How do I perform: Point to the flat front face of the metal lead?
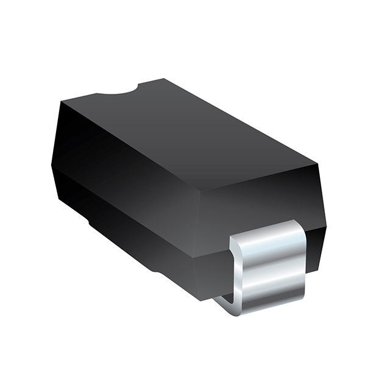click(274, 268)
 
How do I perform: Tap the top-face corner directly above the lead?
click(317, 163)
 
